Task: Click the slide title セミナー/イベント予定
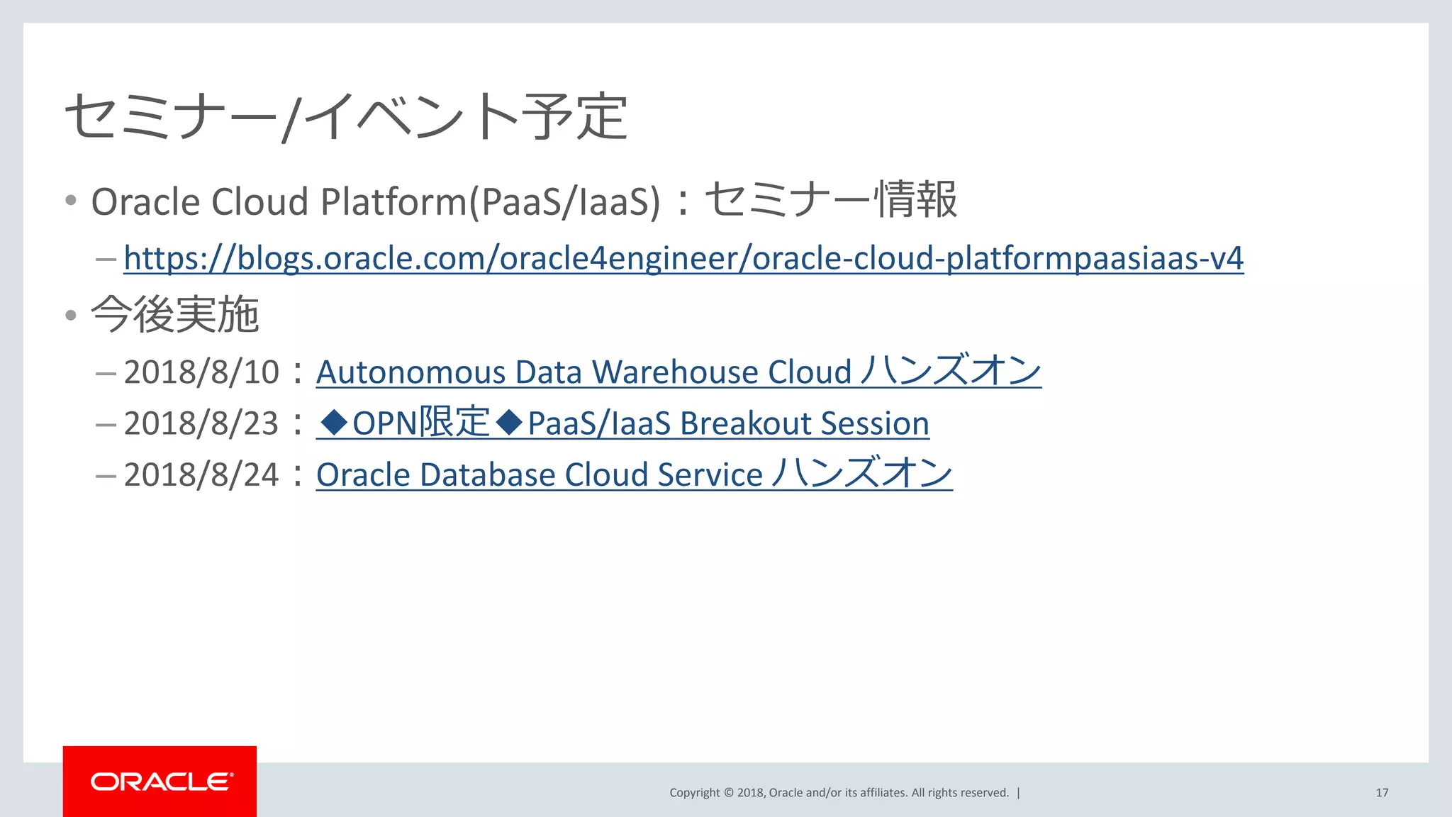(346, 116)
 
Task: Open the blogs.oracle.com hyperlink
(683, 258)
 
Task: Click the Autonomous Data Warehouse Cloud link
(678, 372)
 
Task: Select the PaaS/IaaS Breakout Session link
(728, 423)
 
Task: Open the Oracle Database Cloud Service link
(634, 474)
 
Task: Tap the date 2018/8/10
(201, 372)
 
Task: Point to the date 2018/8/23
(201, 423)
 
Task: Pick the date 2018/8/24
(201, 474)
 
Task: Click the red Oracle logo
(160, 782)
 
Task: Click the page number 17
(1382, 793)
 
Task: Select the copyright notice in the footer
(839, 793)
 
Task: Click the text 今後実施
(175, 315)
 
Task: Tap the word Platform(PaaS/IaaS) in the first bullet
(490, 201)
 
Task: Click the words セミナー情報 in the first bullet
(831, 200)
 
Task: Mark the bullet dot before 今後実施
(71, 315)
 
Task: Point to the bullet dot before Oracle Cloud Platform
(71, 201)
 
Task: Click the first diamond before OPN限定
(334, 423)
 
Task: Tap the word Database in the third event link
(488, 474)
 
